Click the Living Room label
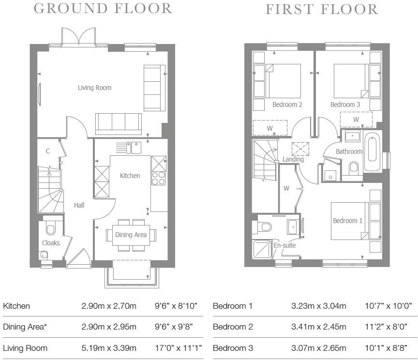coord(95,88)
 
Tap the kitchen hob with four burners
coord(158,179)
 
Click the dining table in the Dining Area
coord(131,235)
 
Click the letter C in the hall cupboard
coord(48,151)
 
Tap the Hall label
coord(79,205)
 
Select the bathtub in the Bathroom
coord(373,150)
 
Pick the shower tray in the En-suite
coord(263,249)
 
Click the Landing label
coord(293,160)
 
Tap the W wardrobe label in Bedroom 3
coord(356,120)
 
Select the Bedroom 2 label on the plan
coord(287,105)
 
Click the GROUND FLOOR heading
coord(103,9)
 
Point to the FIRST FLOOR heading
coord(322,9)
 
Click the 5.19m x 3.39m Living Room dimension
coord(109,348)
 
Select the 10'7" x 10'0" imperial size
coord(388,306)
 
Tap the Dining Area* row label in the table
coord(25,327)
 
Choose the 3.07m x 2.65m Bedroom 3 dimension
coord(318,348)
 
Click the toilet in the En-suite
coord(265,227)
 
